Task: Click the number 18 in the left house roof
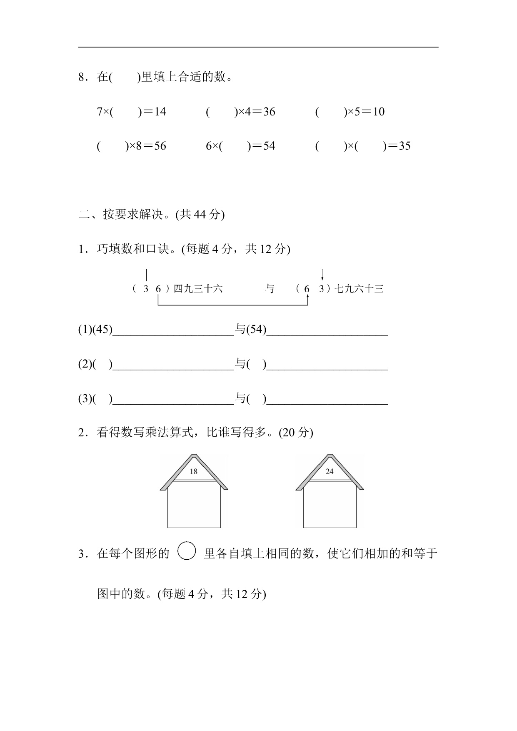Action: click(193, 471)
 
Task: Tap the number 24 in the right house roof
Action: click(330, 471)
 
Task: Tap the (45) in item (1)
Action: click(102, 329)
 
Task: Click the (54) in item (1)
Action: click(256, 329)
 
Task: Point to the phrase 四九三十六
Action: click(198, 288)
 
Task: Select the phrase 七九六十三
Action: click(359, 288)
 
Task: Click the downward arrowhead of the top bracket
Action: click(322, 278)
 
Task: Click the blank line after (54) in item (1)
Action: click(327, 333)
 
